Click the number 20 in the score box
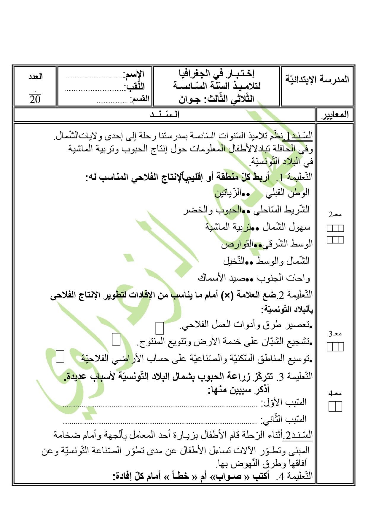[x=35, y=99]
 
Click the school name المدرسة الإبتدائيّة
[x=317, y=79]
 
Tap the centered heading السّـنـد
[x=165, y=115]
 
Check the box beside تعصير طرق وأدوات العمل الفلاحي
[x=160, y=328]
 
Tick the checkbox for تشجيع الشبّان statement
[x=116, y=340]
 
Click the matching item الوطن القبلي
[x=288, y=193]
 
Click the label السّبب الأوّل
[x=284, y=402]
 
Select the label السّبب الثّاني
[x=284, y=419]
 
